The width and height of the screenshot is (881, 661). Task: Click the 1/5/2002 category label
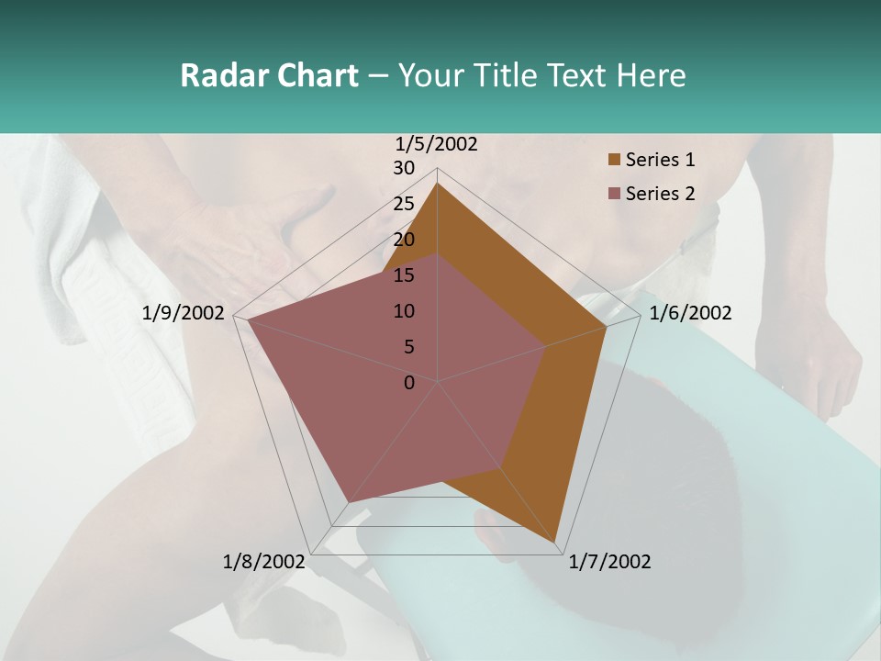(x=436, y=144)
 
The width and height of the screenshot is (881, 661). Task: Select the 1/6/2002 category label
(x=690, y=313)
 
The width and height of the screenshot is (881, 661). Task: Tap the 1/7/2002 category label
(x=609, y=562)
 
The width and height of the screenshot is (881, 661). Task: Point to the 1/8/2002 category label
(x=264, y=562)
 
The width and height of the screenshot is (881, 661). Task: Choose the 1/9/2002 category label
(x=183, y=313)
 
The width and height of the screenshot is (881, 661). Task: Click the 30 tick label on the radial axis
(x=404, y=168)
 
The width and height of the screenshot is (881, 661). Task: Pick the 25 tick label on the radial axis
(x=404, y=204)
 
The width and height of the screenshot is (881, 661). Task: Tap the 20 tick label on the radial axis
(x=404, y=240)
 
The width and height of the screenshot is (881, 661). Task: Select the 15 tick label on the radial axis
(x=404, y=275)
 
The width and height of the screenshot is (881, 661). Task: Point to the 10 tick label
(x=404, y=311)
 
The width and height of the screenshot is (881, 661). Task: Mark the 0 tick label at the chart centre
(x=409, y=383)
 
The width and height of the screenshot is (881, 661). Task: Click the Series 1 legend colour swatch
(x=614, y=160)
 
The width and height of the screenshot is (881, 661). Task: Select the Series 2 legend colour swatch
(x=614, y=194)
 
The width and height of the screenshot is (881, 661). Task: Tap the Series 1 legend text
(x=660, y=160)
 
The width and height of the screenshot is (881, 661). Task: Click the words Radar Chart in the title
(x=269, y=75)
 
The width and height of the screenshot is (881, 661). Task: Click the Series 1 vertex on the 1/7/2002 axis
(x=556, y=545)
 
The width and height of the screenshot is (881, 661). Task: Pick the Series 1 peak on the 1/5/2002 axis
(x=438, y=183)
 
